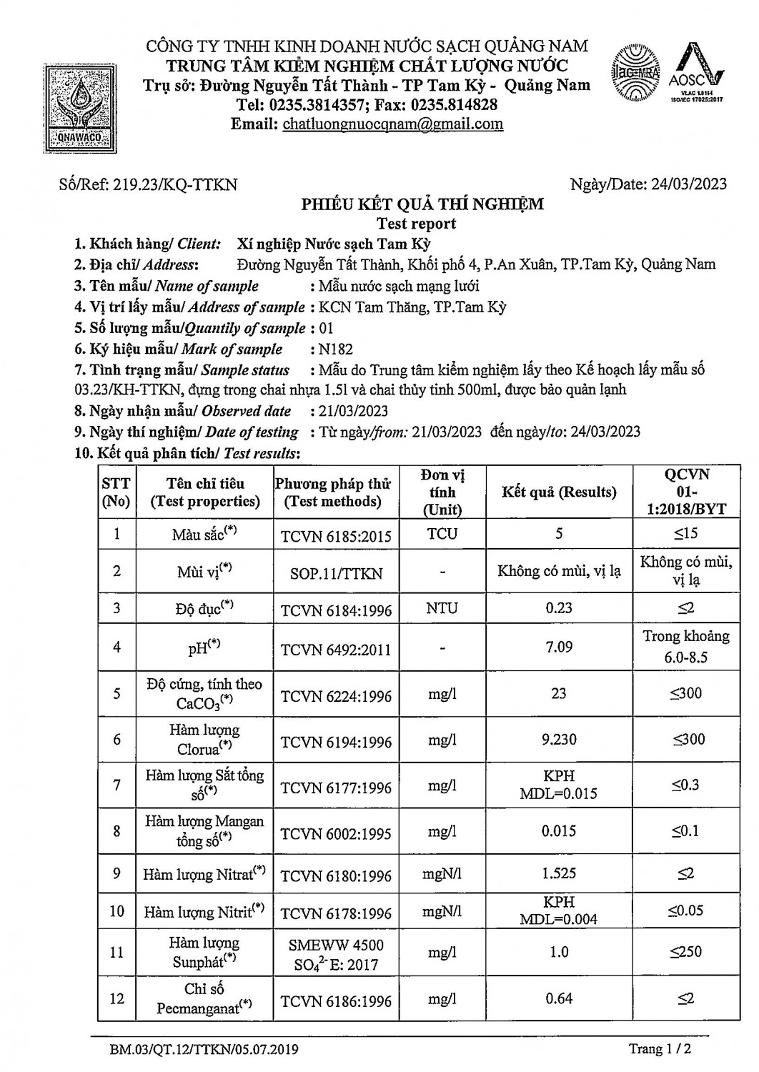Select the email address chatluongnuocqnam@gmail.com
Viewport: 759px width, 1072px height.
[x=392, y=124]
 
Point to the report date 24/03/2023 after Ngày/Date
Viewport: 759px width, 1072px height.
[x=689, y=184]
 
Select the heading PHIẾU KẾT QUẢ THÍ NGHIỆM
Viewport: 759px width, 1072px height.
[x=422, y=204]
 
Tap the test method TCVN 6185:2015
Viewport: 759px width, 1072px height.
[x=336, y=535]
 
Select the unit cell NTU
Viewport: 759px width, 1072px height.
[x=442, y=608]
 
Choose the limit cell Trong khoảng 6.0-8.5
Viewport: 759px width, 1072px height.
[x=685, y=646]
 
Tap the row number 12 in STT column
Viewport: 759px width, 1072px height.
[x=116, y=998]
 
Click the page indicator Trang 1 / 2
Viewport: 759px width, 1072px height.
[x=660, y=1049]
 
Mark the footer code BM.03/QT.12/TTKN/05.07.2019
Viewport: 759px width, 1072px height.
[x=204, y=1050]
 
